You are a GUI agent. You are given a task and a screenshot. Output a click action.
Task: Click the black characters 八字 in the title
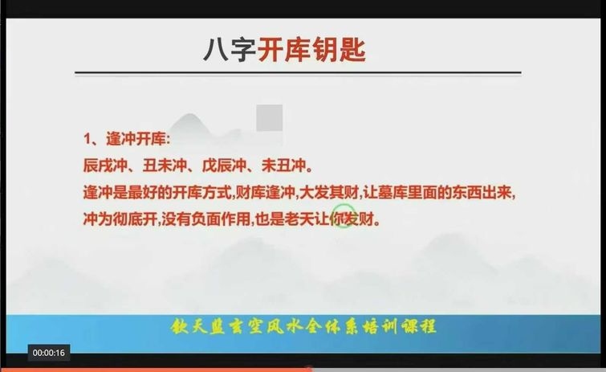pos(230,50)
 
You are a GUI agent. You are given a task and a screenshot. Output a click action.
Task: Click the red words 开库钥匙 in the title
pos(311,50)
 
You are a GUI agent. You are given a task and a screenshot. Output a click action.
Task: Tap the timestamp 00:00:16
pos(49,353)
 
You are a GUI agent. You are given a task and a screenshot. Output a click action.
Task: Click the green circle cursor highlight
pos(344,216)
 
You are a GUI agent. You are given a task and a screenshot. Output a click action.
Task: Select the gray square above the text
pos(270,117)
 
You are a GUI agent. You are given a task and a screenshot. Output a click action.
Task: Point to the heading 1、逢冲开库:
pos(127,139)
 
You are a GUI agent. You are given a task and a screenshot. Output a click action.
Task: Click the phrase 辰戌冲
pos(105,166)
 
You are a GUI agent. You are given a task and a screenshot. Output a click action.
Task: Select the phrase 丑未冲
pos(165,166)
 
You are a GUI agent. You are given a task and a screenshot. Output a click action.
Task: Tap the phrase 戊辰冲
pos(224,166)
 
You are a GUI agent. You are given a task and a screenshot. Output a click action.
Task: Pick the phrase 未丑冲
pos(283,166)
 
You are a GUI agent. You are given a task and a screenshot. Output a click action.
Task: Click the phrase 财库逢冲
pos(265,192)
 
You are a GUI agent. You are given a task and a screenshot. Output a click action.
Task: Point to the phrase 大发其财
pos(329,192)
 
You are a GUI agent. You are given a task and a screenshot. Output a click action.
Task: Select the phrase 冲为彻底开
pos(120,219)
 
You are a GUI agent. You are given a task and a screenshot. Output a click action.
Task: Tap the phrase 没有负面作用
pos(206,219)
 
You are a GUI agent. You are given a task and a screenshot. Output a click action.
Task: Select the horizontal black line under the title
pos(298,72)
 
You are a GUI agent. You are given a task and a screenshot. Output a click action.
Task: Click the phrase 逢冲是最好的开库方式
pos(157,192)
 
